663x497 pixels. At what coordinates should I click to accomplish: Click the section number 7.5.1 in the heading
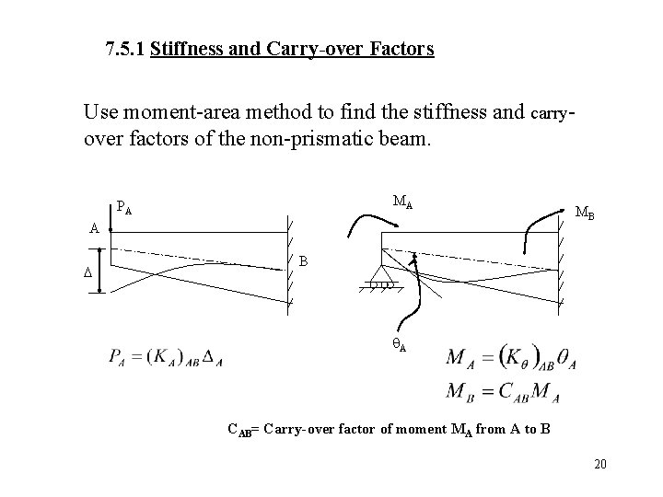pos(124,48)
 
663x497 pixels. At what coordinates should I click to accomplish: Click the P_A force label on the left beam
pos(124,209)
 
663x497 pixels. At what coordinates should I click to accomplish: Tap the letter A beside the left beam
pos(94,228)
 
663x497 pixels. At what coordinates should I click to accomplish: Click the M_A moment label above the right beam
pos(402,202)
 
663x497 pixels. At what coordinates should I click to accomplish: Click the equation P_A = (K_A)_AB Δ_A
pos(166,356)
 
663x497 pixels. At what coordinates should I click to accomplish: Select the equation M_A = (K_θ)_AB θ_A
pos(512,357)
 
